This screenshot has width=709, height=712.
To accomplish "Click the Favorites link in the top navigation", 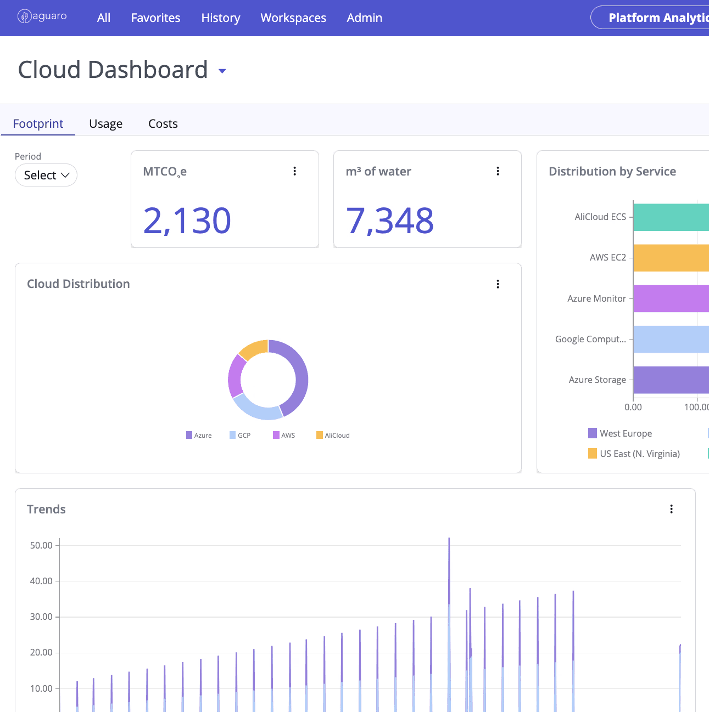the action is tap(155, 18).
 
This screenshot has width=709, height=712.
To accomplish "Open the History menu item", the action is tap(221, 18).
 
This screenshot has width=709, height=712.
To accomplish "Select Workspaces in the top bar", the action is tap(293, 18).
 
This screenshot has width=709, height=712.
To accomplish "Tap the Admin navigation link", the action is tap(364, 18).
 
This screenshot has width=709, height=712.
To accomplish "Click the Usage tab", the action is tap(105, 123).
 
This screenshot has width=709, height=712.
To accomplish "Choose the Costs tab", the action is tap(163, 123).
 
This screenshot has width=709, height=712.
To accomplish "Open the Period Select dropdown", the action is tap(46, 175).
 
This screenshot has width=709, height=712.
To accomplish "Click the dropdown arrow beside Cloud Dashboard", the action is tap(222, 71).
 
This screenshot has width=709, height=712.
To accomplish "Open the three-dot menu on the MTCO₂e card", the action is tap(294, 171).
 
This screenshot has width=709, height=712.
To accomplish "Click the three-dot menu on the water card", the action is tap(498, 171).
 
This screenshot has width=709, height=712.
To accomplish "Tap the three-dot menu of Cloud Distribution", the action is tap(498, 284).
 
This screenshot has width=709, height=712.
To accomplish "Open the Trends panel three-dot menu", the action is tap(671, 509).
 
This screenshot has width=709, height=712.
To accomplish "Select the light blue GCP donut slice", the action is tap(257, 409).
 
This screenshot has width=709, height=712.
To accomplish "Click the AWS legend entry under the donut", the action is tap(284, 435).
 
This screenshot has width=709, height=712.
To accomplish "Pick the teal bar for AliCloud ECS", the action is tap(671, 217).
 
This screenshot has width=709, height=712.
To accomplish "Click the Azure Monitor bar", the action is tap(671, 298).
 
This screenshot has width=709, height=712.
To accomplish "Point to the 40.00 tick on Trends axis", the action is tap(41, 581).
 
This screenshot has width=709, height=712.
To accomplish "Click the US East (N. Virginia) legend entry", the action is tap(634, 454).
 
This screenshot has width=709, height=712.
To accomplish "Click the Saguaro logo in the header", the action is tap(42, 16).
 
